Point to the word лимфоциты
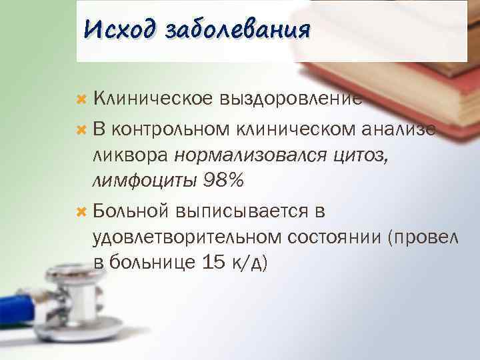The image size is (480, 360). [x=141, y=181]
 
